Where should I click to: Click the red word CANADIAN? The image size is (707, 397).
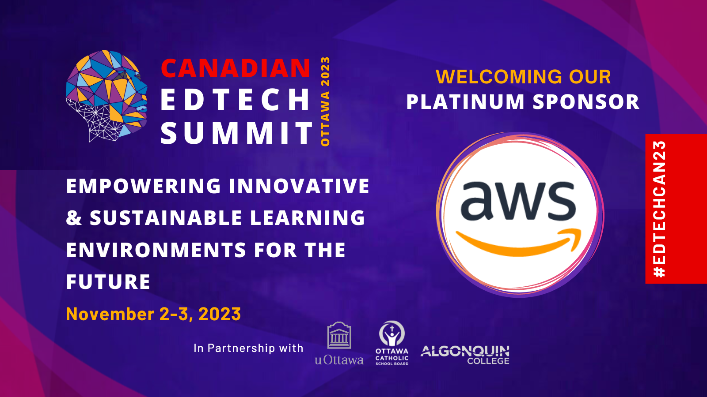(236, 68)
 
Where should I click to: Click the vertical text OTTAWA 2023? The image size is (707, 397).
(325, 101)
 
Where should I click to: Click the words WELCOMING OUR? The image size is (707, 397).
(523, 77)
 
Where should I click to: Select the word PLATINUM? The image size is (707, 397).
(466, 102)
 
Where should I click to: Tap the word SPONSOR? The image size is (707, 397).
(586, 102)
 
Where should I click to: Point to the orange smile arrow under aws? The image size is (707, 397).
(519, 243)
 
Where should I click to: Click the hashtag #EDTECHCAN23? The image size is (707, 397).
(660, 209)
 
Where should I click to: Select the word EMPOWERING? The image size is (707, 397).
(144, 186)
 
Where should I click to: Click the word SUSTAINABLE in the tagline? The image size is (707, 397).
(166, 218)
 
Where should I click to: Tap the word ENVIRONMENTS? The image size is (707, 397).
(156, 250)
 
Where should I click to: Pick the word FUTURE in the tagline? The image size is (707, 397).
(108, 282)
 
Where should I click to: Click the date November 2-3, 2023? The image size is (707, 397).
(153, 314)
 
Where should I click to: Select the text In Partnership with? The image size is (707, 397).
(248, 348)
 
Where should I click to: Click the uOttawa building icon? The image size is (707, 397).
(339, 335)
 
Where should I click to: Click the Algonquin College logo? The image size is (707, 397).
(465, 355)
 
